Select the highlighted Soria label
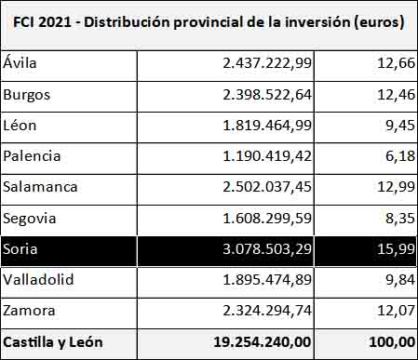(20, 248)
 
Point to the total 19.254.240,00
(260, 341)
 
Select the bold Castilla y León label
(53, 341)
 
